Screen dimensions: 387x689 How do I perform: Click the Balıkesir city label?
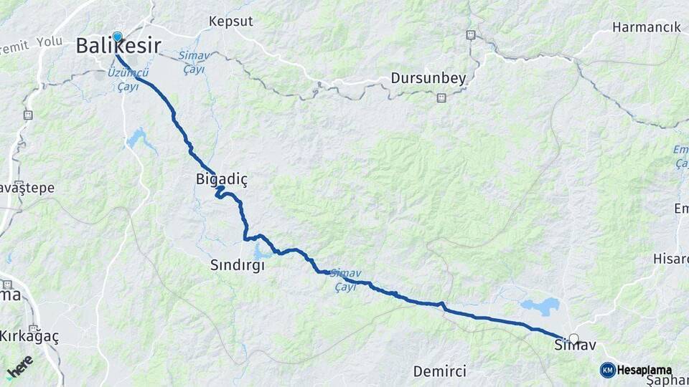point(118,47)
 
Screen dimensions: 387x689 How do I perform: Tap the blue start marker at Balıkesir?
point(117,37)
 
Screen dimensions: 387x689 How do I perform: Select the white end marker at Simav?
point(573,338)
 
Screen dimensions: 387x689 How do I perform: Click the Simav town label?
point(575,345)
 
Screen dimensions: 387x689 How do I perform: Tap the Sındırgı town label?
point(238,265)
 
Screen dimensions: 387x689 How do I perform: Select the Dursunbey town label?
point(428,78)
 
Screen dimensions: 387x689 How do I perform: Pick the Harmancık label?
point(646,27)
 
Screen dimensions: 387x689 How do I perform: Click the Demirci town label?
point(439,371)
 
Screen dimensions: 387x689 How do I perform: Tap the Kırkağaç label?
point(29,336)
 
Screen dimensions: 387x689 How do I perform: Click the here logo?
point(21,366)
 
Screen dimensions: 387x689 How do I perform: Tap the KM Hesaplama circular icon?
point(607,370)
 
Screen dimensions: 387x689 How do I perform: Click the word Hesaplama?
point(644,371)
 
